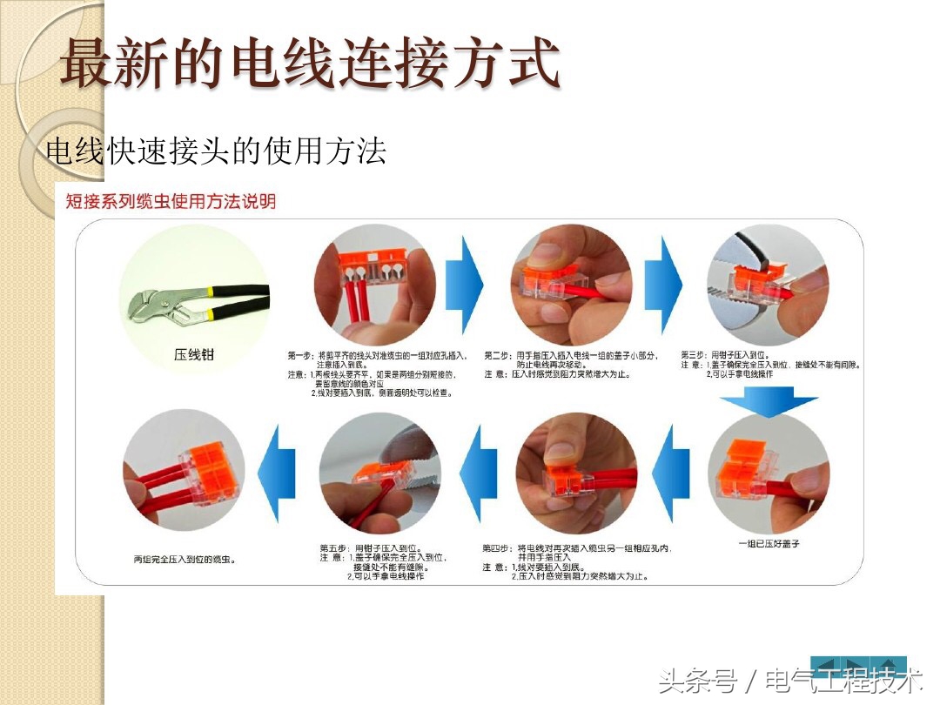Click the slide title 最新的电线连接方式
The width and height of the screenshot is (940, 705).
point(309,63)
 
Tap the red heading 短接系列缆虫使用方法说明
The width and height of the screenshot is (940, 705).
point(171,202)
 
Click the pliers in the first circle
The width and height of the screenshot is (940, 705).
point(196,304)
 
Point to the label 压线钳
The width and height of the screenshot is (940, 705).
point(194,354)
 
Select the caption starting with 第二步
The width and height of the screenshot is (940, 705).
point(570,365)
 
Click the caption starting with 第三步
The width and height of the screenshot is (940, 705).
point(770,365)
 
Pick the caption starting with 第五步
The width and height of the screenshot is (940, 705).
point(383,561)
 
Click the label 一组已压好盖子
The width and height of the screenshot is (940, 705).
point(768,543)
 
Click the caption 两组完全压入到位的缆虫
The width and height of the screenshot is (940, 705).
point(185,558)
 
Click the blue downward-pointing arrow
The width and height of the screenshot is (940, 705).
point(769,403)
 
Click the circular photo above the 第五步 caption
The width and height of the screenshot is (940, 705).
point(380,474)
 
